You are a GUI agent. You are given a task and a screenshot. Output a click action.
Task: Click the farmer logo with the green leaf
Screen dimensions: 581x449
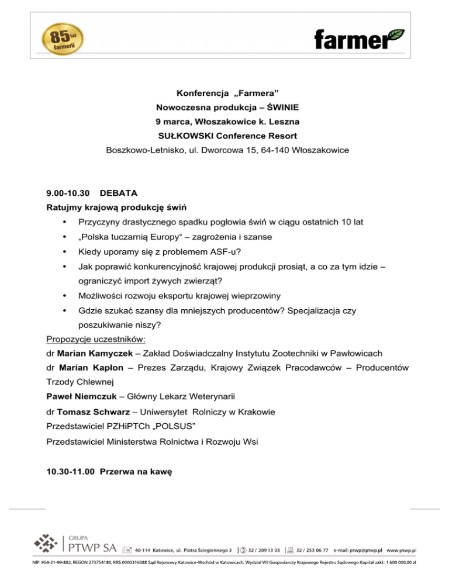(x=359, y=38)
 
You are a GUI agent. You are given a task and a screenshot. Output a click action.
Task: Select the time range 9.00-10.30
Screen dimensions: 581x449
(x=68, y=192)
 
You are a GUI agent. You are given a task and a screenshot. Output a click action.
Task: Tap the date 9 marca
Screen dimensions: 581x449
(x=178, y=122)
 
